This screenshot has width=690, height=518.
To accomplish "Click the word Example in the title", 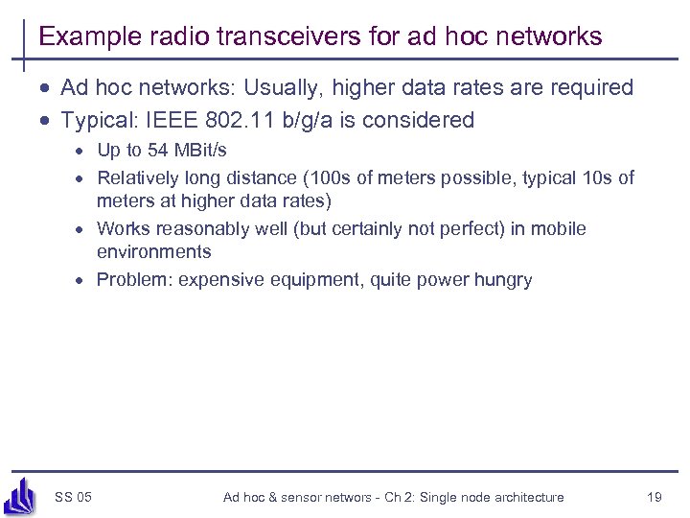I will (x=83, y=37).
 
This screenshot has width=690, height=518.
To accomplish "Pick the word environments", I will (x=154, y=251).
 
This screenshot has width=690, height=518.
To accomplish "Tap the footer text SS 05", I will (x=74, y=497).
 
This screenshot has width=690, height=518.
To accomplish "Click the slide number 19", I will (x=655, y=497).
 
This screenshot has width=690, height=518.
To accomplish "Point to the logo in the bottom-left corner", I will (x=20, y=495).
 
